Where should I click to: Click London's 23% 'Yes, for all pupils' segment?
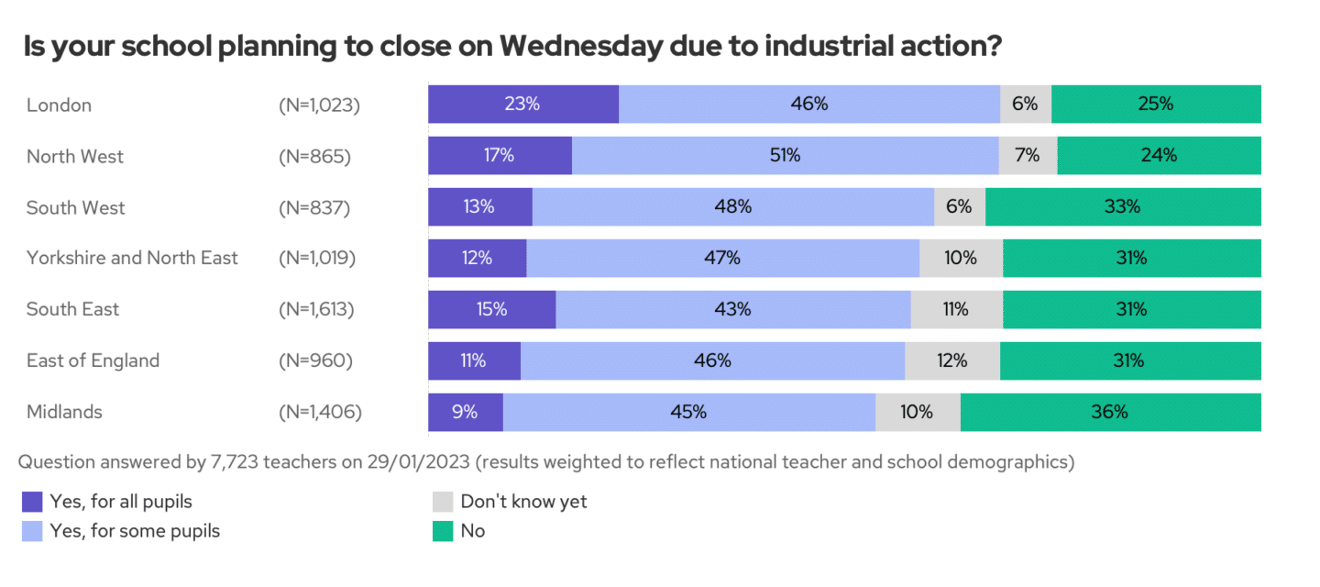(x=522, y=105)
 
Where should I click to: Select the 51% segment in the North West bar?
(x=785, y=156)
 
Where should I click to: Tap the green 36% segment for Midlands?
(x=1110, y=412)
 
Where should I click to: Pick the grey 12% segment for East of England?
(x=951, y=360)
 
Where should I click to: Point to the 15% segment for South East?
(x=491, y=309)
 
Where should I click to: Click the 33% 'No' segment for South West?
(x=1122, y=207)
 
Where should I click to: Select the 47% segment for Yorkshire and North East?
(x=722, y=258)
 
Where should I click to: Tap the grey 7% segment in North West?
(x=1028, y=156)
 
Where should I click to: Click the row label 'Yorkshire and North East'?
(x=132, y=258)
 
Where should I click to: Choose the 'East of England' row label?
(x=93, y=360)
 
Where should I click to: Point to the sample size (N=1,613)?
(x=316, y=309)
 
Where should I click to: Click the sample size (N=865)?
(x=314, y=156)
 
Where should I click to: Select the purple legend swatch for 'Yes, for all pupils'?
(x=32, y=502)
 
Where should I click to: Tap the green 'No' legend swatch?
(x=443, y=531)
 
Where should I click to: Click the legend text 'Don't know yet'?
(x=523, y=502)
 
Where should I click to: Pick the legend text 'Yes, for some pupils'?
(x=135, y=531)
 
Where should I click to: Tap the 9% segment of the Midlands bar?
(x=465, y=412)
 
